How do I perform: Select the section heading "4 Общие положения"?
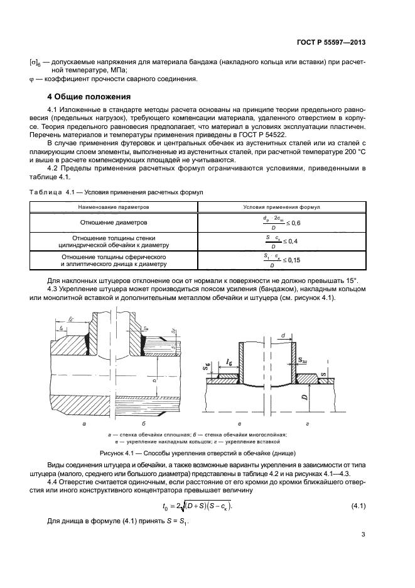[x=89, y=97]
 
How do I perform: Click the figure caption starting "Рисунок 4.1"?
[x=207, y=453]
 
